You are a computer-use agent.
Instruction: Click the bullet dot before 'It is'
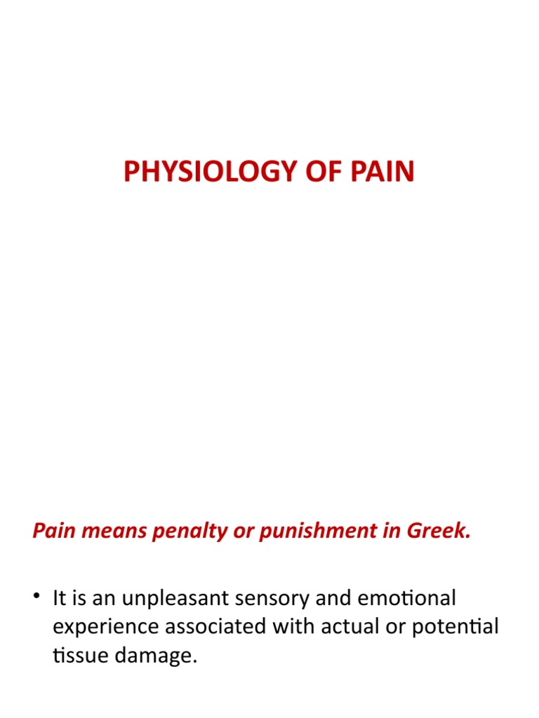(36, 599)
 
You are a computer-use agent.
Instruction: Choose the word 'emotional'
(406, 598)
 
